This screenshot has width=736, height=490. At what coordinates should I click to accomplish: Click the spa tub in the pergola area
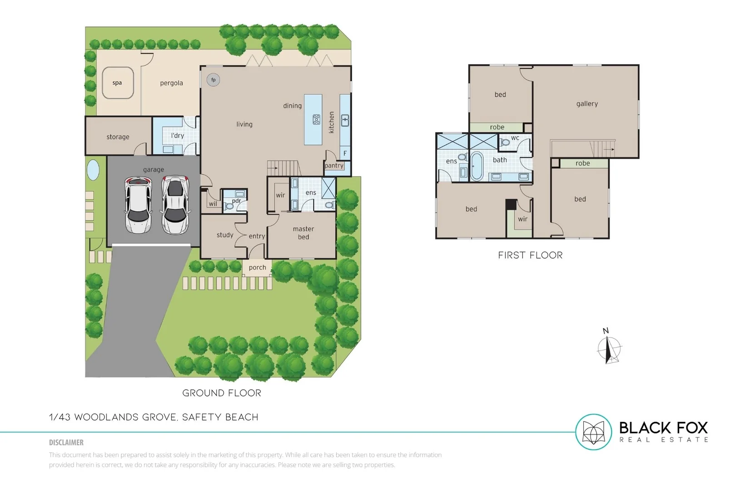pyautogui.click(x=118, y=83)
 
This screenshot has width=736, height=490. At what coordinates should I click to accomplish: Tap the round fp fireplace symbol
pyautogui.click(x=214, y=80)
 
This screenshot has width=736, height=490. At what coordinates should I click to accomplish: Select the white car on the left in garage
pyautogui.click(x=138, y=205)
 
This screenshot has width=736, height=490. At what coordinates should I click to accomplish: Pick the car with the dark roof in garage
pyautogui.click(x=175, y=205)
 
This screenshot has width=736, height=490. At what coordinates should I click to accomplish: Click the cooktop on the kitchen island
pyautogui.click(x=316, y=120)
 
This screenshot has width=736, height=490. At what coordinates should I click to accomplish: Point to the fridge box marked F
pyautogui.click(x=345, y=153)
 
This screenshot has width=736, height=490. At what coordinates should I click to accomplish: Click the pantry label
pyautogui.click(x=334, y=166)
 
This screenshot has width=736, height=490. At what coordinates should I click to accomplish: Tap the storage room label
pyautogui.click(x=118, y=137)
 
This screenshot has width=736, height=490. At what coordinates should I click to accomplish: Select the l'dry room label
pyautogui.click(x=178, y=136)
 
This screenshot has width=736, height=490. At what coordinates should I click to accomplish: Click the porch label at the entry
pyautogui.click(x=258, y=267)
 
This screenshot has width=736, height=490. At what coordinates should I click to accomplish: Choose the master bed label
pyautogui.click(x=303, y=233)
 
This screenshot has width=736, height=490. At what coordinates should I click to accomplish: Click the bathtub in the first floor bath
pyautogui.click(x=477, y=167)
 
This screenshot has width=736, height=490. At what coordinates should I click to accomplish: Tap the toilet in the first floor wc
pyautogui.click(x=505, y=142)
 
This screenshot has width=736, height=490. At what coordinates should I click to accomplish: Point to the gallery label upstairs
pyautogui.click(x=587, y=103)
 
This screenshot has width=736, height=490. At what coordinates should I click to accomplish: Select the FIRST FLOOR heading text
pyautogui.click(x=530, y=255)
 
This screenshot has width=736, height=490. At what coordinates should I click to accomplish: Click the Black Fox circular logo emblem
pyautogui.click(x=593, y=432)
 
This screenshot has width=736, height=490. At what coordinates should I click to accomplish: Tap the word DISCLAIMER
pyautogui.click(x=66, y=442)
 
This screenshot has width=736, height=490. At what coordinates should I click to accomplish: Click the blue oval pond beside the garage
pyautogui.click(x=93, y=170)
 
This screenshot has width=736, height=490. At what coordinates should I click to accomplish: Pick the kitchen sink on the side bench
pyautogui.click(x=345, y=120)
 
